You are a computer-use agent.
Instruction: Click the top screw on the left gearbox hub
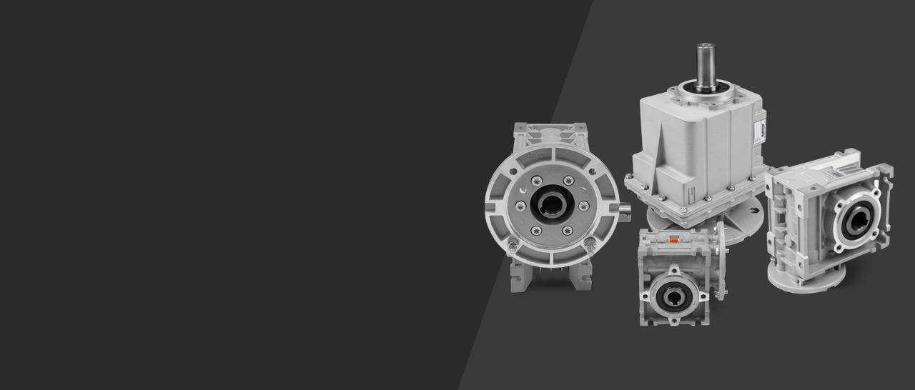coord(550,171)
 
